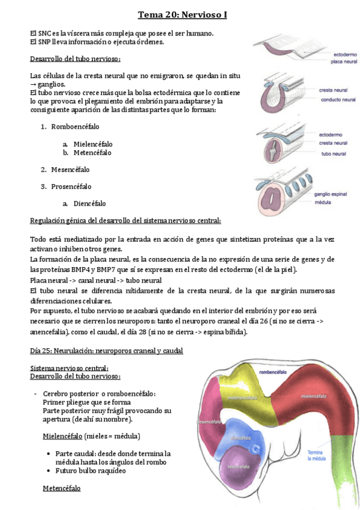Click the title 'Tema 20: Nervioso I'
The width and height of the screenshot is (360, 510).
182,14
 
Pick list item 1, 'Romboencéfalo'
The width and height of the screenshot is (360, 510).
75,127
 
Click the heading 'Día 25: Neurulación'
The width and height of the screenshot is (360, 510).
106,351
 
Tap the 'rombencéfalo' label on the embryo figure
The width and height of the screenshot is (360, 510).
274,372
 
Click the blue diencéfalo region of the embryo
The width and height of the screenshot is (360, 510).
240,431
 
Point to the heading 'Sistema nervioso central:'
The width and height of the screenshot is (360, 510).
69,368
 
